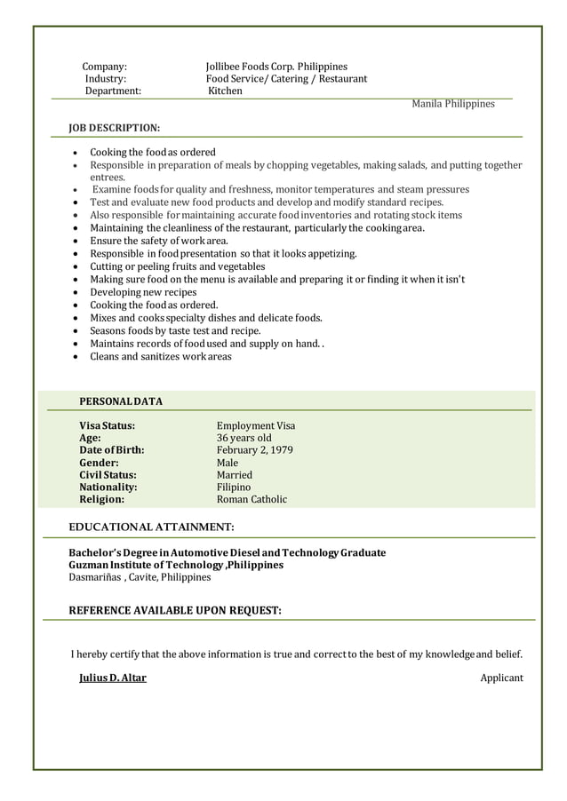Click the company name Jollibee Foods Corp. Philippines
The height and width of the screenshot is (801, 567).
click(276, 67)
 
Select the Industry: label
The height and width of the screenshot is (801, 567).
click(106, 79)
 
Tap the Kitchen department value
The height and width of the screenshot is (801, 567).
click(225, 91)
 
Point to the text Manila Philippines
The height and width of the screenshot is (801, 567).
click(452, 104)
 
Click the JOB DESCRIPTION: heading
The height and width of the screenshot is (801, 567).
click(115, 129)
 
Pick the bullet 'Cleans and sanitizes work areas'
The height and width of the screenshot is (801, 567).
click(160, 356)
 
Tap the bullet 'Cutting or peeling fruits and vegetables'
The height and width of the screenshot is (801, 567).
click(177, 266)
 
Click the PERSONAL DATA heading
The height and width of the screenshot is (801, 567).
click(121, 401)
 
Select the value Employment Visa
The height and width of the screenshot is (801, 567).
click(256, 425)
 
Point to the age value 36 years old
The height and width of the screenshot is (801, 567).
click(244, 438)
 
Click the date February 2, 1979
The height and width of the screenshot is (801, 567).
click(255, 450)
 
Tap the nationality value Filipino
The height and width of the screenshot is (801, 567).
click(234, 488)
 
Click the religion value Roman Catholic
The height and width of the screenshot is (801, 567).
click(252, 499)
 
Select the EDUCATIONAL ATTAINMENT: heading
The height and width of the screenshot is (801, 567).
click(151, 527)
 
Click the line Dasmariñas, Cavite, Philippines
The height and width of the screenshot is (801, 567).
click(140, 577)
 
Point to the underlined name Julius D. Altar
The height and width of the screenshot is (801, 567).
click(113, 678)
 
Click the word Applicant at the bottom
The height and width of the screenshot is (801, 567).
click(501, 678)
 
